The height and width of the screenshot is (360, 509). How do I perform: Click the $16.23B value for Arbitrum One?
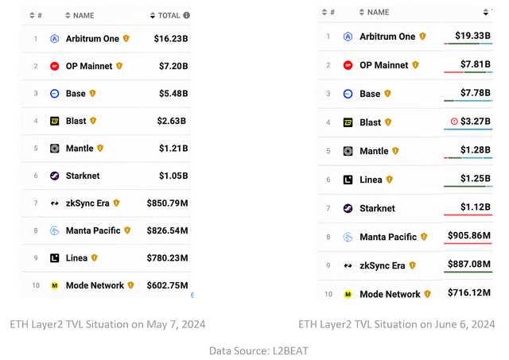tap(171, 39)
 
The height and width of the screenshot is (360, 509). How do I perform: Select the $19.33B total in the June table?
tap(472, 35)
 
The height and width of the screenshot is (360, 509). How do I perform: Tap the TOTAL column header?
tap(169, 16)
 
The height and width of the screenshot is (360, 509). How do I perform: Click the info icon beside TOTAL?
tap(186, 15)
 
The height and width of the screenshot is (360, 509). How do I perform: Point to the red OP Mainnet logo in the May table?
tap(55, 66)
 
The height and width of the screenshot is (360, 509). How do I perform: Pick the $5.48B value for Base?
tap(173, 94)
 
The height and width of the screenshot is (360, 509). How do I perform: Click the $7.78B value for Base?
tap(476, 93)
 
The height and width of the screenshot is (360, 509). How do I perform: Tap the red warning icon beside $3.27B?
tap(454, 122)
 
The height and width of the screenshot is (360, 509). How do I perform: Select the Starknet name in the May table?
tap(83, 176)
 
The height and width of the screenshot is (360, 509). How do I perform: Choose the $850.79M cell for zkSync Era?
tap(167, 203)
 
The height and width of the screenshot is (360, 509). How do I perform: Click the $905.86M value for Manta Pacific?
tap(469, 235)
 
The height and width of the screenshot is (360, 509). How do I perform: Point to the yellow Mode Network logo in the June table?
tap(348, 294)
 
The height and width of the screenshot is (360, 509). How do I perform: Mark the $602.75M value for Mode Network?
tap(167, 285)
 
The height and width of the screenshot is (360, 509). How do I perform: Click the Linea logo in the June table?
tap(348, 180)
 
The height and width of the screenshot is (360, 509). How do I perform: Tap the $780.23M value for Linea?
tap(167, 257)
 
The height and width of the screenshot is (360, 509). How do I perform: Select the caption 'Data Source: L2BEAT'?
tap(258, 350)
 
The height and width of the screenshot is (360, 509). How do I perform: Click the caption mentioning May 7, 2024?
tap(107, 324)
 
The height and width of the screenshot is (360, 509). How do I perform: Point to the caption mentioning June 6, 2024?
tap(397, 324)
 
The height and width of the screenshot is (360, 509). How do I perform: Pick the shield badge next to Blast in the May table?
tap(93, 121)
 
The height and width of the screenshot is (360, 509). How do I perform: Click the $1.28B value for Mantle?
tap(476, 150)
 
